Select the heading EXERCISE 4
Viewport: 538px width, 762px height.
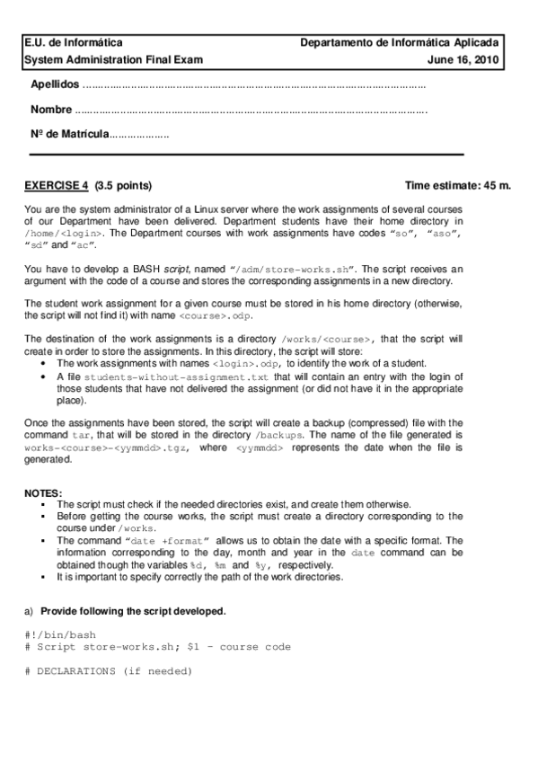click(x=57, y=186)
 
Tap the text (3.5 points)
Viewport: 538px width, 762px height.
click(x=123, y=186)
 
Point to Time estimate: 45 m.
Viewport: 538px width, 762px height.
click(x=458, y=186)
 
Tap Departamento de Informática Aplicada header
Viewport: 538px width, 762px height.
click(x=401, y=42)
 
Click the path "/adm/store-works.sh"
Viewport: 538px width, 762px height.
click(x=293, y=269)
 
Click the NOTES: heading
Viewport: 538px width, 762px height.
click(x=44, y=493)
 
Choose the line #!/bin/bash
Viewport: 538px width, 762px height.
click(x=60, y=635)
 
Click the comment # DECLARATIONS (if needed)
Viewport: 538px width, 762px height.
click(x=109, y=671)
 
